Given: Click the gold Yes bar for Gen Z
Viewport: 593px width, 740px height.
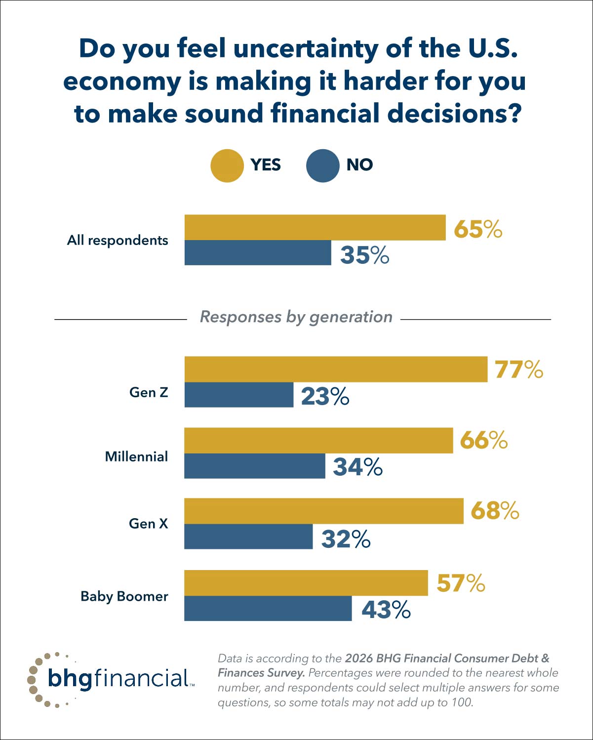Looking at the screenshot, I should tap(336, 369).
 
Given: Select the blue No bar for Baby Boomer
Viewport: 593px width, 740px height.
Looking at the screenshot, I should tap(268, 608).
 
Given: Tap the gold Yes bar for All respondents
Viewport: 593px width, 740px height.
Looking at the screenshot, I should tap(315, 227).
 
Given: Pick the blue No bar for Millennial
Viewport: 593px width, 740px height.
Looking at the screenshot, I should tap(255, 466).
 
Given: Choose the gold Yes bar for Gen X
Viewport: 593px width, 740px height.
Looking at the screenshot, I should tap(324, 511).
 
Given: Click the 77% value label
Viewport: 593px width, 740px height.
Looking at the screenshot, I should tap(518, 370).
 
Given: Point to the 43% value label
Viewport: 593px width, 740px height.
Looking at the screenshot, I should tap(386, 610).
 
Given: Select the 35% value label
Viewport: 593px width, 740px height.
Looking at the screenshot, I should tap(364, 255).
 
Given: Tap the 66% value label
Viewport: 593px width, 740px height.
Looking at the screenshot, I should tap(483, 440).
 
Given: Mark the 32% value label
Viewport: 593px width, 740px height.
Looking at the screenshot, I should tap(346, 539).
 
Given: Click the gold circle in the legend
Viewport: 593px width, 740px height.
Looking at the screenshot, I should tap(227, 165).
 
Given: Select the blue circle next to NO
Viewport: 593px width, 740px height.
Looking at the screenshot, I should tap(322, 165).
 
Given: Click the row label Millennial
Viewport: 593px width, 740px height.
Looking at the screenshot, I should tap(136, 456).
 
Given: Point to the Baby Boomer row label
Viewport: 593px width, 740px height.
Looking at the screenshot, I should tap(124, 596).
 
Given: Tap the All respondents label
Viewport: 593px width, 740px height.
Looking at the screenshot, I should tap(118, 240).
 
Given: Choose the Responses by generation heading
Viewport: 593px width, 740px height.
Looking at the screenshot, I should tap(296, 317).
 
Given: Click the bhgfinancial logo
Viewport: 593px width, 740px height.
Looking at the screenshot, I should tap(111, 679).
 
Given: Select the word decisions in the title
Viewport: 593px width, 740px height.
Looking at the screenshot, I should tap(454, 113).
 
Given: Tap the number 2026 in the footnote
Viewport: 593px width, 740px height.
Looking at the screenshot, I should tap(358, 658).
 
